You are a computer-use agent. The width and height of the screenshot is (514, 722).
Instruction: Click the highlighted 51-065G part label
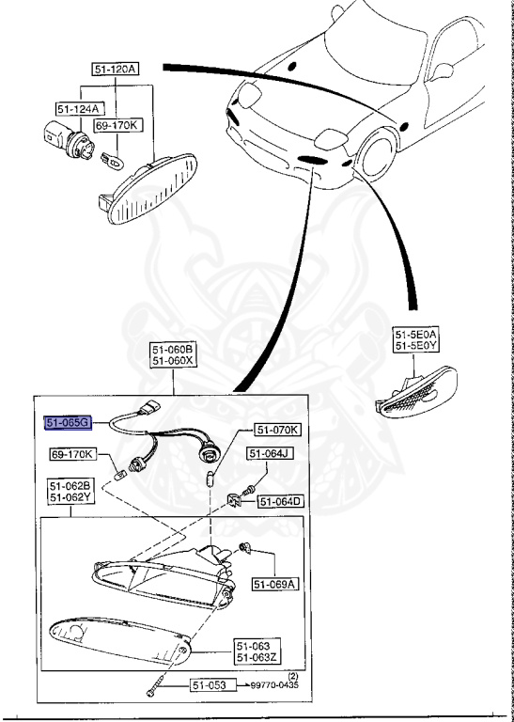click(68, 424)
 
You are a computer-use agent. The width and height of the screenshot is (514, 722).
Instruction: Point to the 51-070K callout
click(277, 431)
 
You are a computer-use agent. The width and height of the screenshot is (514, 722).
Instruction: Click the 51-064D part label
click(281, 502)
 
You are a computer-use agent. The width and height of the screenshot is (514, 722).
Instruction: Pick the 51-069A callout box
click(274, 584)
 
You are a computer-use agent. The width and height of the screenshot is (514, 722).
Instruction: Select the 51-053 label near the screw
click(211, 685)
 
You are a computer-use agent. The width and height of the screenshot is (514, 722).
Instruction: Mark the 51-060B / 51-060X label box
click(174, 354)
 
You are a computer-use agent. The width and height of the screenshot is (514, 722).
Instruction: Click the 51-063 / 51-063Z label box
click(256, 651)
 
